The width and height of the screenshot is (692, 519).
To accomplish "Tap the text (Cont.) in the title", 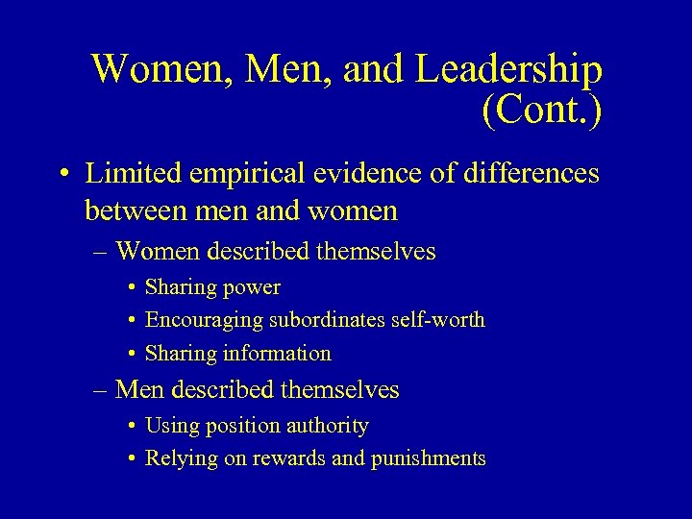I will click(x=542, y=111).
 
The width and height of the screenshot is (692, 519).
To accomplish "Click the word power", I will click(x=250, y=287).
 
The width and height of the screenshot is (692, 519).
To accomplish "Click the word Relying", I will click(x=181, y=458).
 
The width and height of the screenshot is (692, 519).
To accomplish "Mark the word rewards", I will click(x=287, y=458).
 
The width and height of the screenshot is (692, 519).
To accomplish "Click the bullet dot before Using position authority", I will click(x=130, y=426).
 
